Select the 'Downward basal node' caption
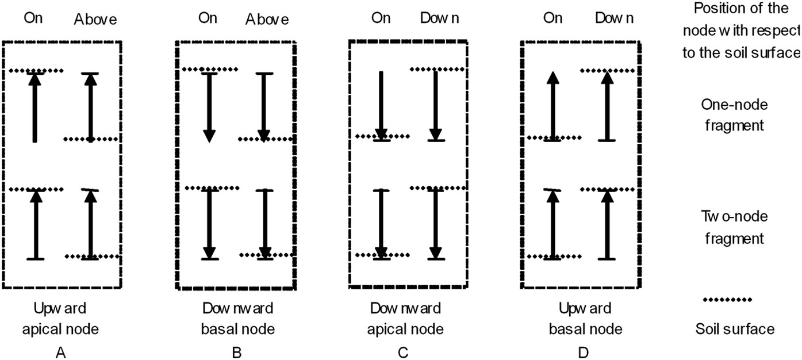tap(236, 319)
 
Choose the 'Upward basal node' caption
tap(583, 319)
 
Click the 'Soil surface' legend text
tap(735, 329)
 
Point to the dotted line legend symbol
tap(727, 300)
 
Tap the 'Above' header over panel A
tap(95, 20)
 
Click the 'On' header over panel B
tap(208, 18)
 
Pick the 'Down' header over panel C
tap(440, 18)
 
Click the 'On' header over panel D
tap(552, 18)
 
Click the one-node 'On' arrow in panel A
tap(35, 107)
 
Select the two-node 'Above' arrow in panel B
tap(264, 224)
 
